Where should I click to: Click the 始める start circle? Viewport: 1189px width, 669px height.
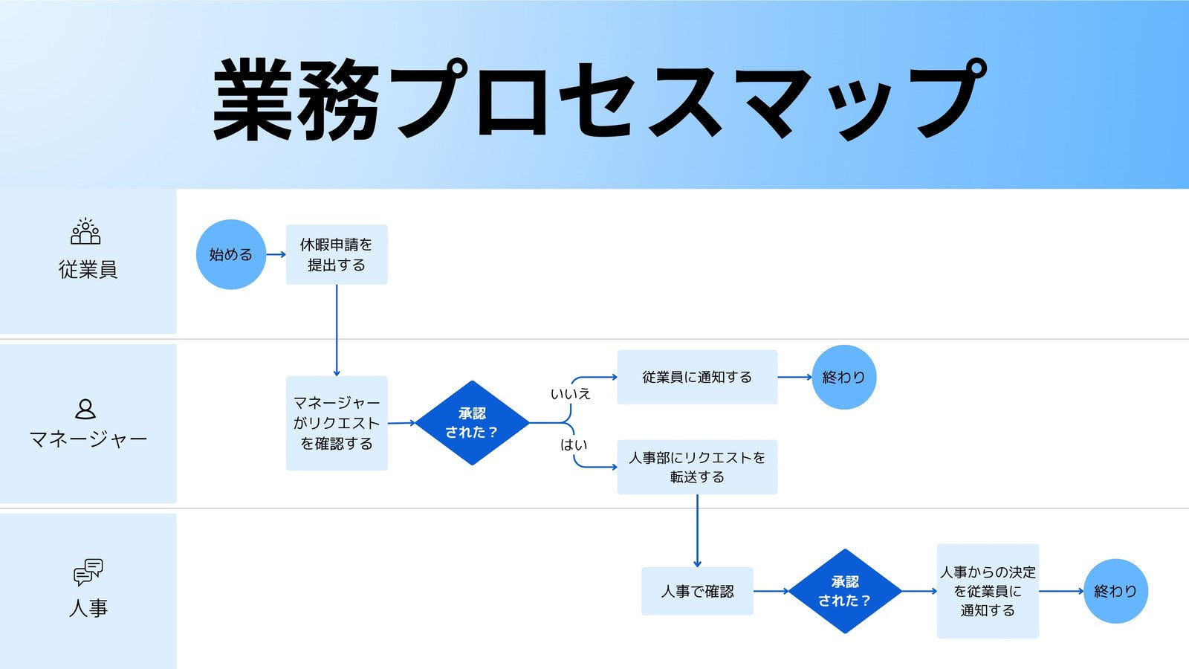point(230,254)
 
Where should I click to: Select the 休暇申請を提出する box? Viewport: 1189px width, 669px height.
point(337,254)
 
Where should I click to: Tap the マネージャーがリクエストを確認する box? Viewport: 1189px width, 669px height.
point(337,423)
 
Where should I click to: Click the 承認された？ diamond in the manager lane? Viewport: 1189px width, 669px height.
point(472,423)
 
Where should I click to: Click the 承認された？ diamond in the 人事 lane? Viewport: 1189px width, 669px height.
point(845,591)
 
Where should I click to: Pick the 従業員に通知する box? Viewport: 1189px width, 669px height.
point(697,377)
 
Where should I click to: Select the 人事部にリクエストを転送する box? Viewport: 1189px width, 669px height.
point(697,467)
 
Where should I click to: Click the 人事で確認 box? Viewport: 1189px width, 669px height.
point(697,591)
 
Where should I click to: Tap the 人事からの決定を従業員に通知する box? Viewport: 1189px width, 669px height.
point(987,591)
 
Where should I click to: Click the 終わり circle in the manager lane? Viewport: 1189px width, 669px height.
point(843,377)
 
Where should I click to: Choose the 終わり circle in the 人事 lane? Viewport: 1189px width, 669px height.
point(1115,591)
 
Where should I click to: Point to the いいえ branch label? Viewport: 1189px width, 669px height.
point(570,394)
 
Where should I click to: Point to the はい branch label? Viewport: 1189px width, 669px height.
point(574,445)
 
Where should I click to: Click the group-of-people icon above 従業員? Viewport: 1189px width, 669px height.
point(85,232)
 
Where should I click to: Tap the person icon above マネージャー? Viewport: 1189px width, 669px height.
point(85,409)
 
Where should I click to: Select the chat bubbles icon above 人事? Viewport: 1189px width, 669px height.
point(88,572)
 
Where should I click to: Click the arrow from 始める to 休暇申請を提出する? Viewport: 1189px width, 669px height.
point(276,254)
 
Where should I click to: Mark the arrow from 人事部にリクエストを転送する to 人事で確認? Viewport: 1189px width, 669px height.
point(697,531)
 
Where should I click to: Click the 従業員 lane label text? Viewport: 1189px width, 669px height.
point(88,269)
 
